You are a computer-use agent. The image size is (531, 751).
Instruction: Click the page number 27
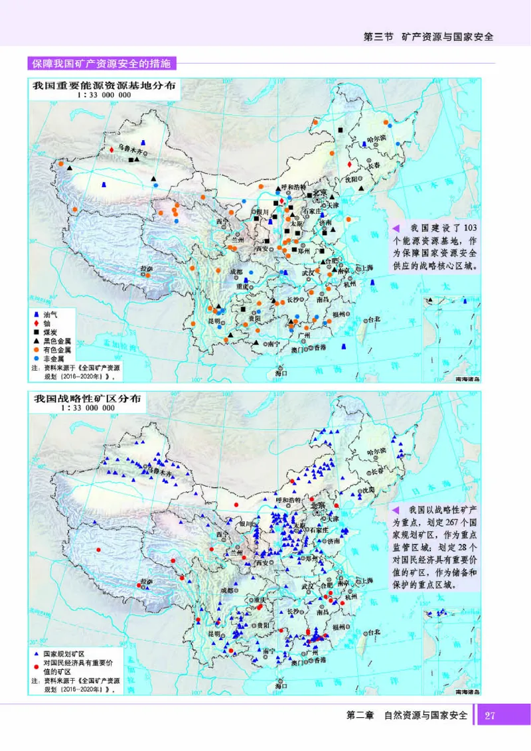[x=490, y=716]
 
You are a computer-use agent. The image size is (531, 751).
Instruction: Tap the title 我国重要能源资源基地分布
[x=104, y=86]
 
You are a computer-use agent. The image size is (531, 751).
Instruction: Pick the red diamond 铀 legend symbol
[x=37, y=321]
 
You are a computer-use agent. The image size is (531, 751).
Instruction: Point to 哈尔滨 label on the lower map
[x=381, y=451]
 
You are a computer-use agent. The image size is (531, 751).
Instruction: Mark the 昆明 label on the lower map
[x=214, y=634]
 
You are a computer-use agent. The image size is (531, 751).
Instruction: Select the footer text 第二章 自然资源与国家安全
[x=406, y=715]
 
